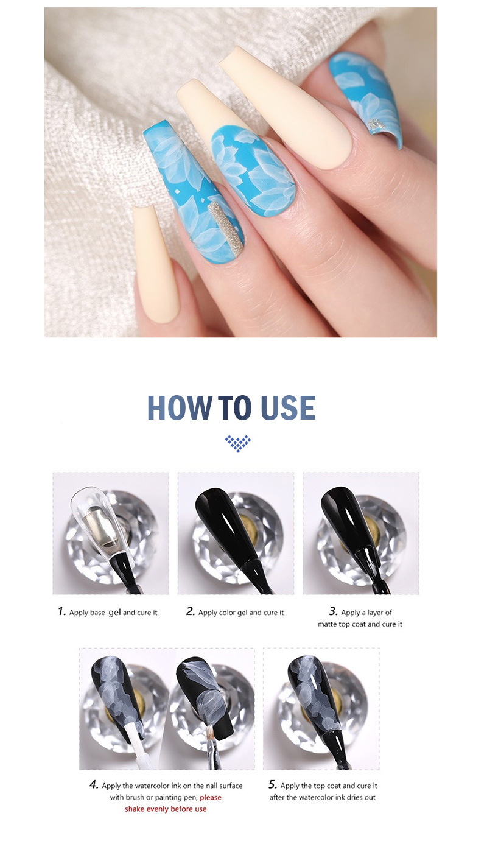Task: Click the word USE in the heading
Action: [x=288, y=408]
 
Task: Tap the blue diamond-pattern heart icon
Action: [x=237, y=443]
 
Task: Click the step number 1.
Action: [x=61, y=611]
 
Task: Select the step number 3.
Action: [x=333, y=611]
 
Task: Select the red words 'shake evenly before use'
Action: [x=166, y=809]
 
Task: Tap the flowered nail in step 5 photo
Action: [x=317, y=694]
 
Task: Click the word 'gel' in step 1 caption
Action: [x=115, y=612]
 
